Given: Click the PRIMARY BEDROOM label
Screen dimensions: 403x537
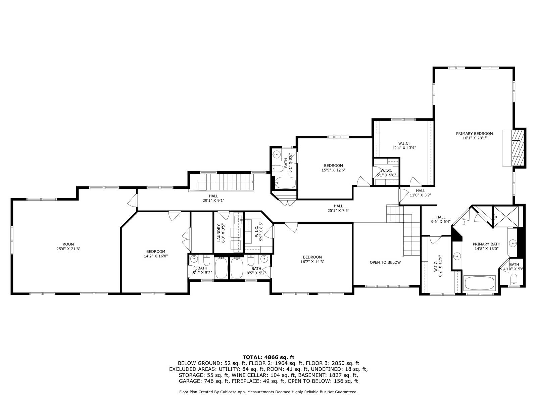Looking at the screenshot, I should coord(474,134).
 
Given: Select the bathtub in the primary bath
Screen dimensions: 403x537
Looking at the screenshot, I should coord(479,283).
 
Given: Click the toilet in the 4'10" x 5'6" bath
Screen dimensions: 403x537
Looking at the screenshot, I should coord(514,279).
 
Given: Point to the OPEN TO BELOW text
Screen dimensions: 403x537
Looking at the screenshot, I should coord(385,262).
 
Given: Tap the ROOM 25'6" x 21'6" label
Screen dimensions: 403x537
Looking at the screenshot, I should coord(68,247).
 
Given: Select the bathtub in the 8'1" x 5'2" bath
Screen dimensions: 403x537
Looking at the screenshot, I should coord(221,268).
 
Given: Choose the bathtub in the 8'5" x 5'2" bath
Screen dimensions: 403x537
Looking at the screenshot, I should coord(237,268).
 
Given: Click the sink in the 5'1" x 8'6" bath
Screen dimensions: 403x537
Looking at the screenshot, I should coord(277,154).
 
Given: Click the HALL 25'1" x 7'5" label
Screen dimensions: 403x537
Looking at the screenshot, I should coord(338,208).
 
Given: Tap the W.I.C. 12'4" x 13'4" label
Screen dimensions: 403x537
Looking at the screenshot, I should coord(404,145).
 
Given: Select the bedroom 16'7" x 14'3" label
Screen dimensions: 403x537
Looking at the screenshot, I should coord(312,259).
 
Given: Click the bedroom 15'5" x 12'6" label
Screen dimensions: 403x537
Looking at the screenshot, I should coord(333,168).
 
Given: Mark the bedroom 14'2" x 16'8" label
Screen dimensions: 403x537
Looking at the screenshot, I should coord(155,254).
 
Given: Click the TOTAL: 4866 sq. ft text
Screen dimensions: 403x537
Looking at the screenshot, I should coord(268,357).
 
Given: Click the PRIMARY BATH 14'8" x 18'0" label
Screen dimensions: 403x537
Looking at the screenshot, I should coord(486,247).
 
